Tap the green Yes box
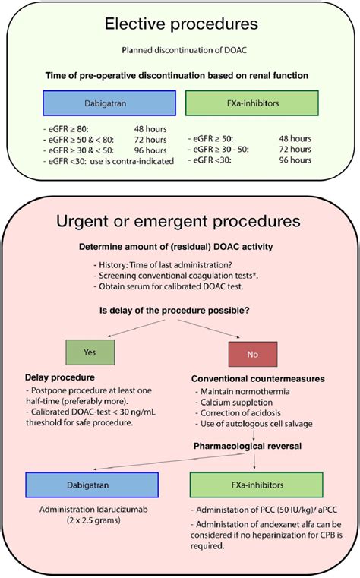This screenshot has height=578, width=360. click(x=89, y=352)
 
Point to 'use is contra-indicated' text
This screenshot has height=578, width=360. click(x=130, y=161)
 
